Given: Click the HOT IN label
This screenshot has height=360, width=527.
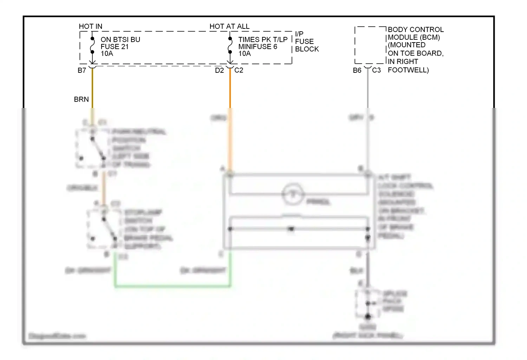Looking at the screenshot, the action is click(x=90, y=26).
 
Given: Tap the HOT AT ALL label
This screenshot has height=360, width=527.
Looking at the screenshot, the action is click(x=229, y=26).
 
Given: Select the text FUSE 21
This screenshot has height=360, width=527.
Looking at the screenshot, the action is click(x=115, y=46).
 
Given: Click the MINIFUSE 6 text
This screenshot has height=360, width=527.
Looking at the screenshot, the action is click(x=258, y=46).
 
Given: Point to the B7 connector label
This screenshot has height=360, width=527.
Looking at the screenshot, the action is click(x=82, y=70).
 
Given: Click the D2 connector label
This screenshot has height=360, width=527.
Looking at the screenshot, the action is click(x=219, y=70).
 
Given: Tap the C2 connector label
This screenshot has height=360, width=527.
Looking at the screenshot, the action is click(x=239, y=70).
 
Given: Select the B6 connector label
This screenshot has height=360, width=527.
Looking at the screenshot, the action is click(x=357, y=70).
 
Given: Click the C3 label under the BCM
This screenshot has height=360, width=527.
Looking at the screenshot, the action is click(x=376, y=70).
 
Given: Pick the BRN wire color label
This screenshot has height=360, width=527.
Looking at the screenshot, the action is click(x=81, y=99).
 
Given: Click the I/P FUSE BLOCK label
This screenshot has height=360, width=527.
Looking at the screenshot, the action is click(x=307, y=41).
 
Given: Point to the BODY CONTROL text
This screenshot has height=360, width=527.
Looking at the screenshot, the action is click(x=416, y=30).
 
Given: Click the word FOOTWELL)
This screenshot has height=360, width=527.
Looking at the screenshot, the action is click(x=408, y=70).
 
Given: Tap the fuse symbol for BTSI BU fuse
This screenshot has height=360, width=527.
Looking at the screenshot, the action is click(x=92, y=45).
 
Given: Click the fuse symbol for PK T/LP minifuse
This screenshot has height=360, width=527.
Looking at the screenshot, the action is click(x=230, y=45).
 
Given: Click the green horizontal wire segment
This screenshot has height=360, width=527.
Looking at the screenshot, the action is click(x=172, y=286).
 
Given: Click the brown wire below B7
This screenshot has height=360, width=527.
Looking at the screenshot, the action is click(x=92, y=88).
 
